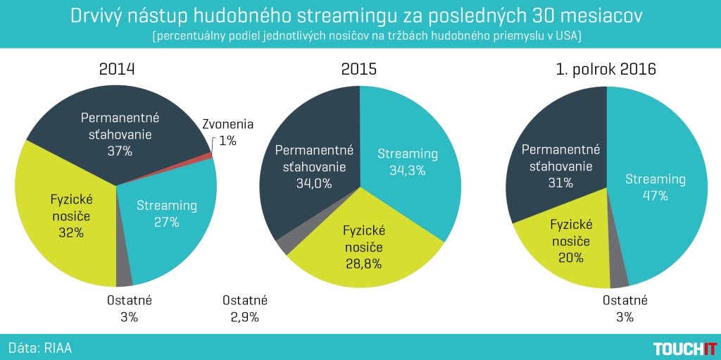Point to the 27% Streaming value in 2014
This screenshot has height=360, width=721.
click(167, 223)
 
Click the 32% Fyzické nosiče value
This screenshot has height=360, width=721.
click(71, 232)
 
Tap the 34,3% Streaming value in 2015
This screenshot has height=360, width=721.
click(408, 170)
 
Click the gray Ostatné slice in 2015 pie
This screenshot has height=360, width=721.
click(284, 246)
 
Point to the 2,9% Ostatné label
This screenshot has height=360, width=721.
click(244, 317)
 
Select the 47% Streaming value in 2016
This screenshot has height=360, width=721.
click(655, 197)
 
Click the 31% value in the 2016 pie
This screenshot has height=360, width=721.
click(560, 182)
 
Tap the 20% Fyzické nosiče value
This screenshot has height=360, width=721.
click(570, 258)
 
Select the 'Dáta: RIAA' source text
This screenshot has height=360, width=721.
click(40, 348)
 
